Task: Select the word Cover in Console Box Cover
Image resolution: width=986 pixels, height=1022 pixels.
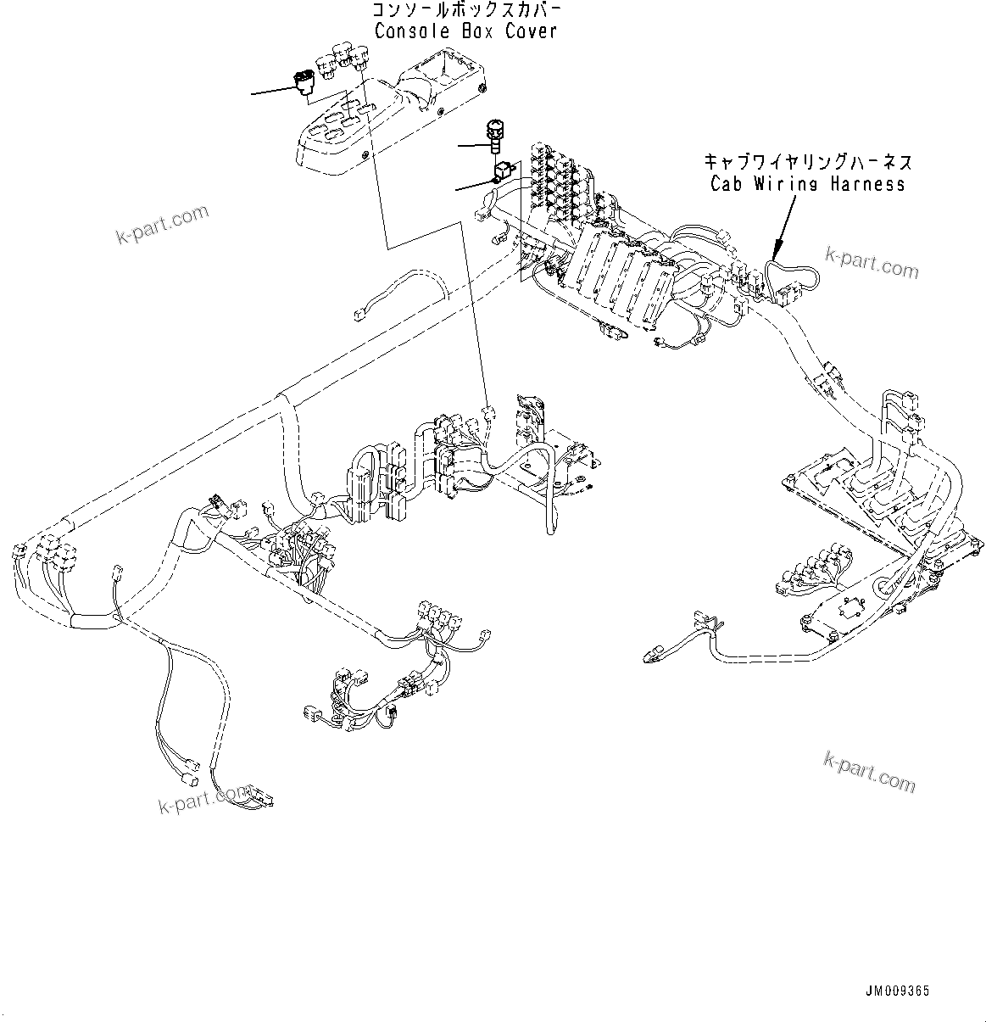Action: (x=532, y=31)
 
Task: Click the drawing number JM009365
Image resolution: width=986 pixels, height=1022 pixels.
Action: (x=898, y=991)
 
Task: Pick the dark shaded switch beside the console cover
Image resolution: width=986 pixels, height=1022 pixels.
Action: (x=303, y=84)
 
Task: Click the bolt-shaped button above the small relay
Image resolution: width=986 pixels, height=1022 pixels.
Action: (x=493, y=134)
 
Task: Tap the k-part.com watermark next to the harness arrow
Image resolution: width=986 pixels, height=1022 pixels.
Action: (x=872, y=262)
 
